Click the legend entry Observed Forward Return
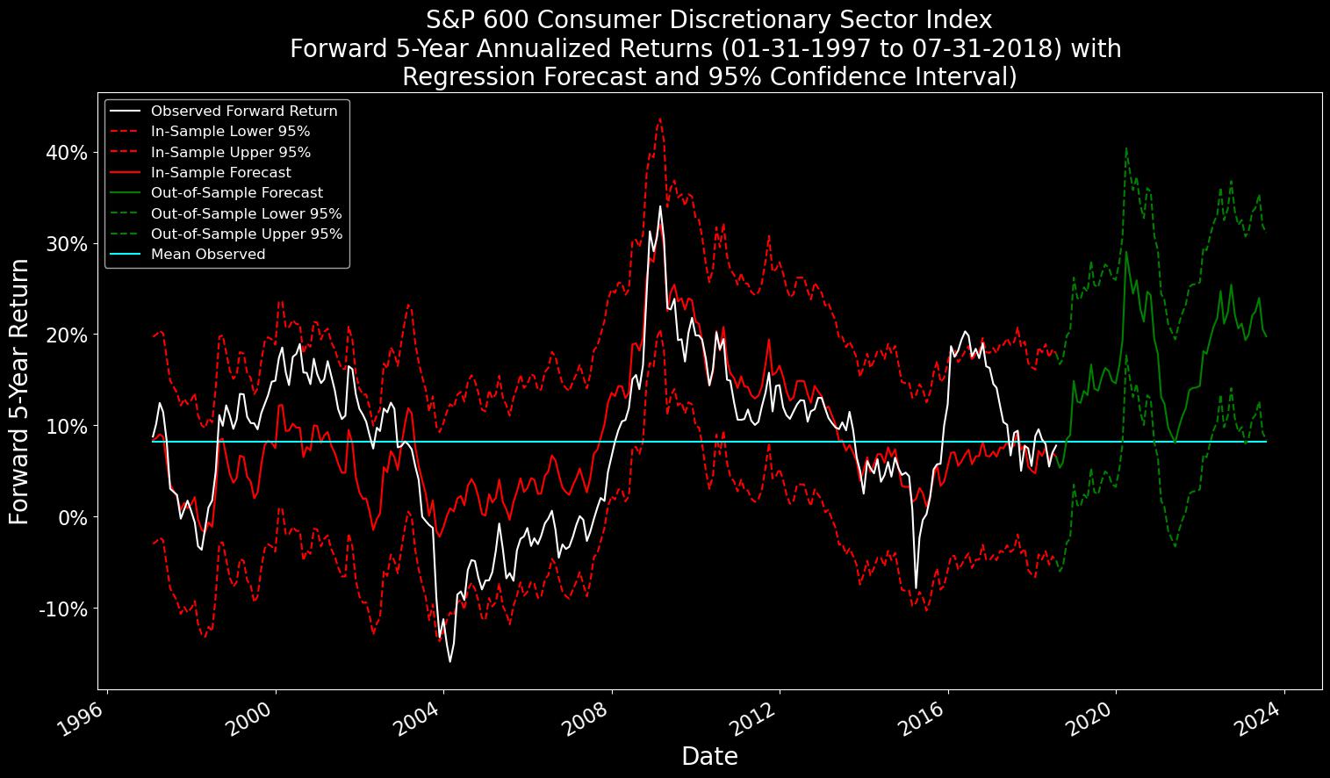click(244, 112)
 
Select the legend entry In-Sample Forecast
click(220, 173)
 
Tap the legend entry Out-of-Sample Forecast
click(236, 193)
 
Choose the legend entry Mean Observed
click(207, 255)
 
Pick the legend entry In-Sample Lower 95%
click(230, 132)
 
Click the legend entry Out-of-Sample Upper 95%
click(246, 234)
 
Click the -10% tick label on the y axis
click(62, 609)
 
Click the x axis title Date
click(709, 757)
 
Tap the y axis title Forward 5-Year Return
click(19, 392)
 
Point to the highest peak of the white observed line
click(660, 206)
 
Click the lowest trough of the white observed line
click(450, 661)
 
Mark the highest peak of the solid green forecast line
click(1126, 252)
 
